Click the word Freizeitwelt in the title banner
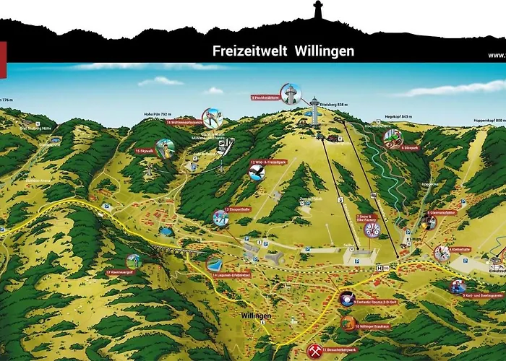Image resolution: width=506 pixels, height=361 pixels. click(x=249, y=51)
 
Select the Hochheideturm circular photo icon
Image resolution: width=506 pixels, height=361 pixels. click(x=291, y=93)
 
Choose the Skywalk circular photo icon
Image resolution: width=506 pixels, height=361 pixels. click(x=166, y=149)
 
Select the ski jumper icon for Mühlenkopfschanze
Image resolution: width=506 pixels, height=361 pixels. click(x=212, y=118)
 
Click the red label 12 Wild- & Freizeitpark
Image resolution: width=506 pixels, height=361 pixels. click(x=268, y=162)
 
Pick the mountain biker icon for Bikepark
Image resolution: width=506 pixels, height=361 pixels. click(x=391, y=136)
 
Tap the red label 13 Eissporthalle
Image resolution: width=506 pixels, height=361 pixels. click(x=237, y=209)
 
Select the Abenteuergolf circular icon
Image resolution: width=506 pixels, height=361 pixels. click(x=133, y=261)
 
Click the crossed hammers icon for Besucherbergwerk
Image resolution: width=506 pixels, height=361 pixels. click(x=314, y=350)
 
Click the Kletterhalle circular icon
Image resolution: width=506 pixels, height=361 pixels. click(x=441, y=252)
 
